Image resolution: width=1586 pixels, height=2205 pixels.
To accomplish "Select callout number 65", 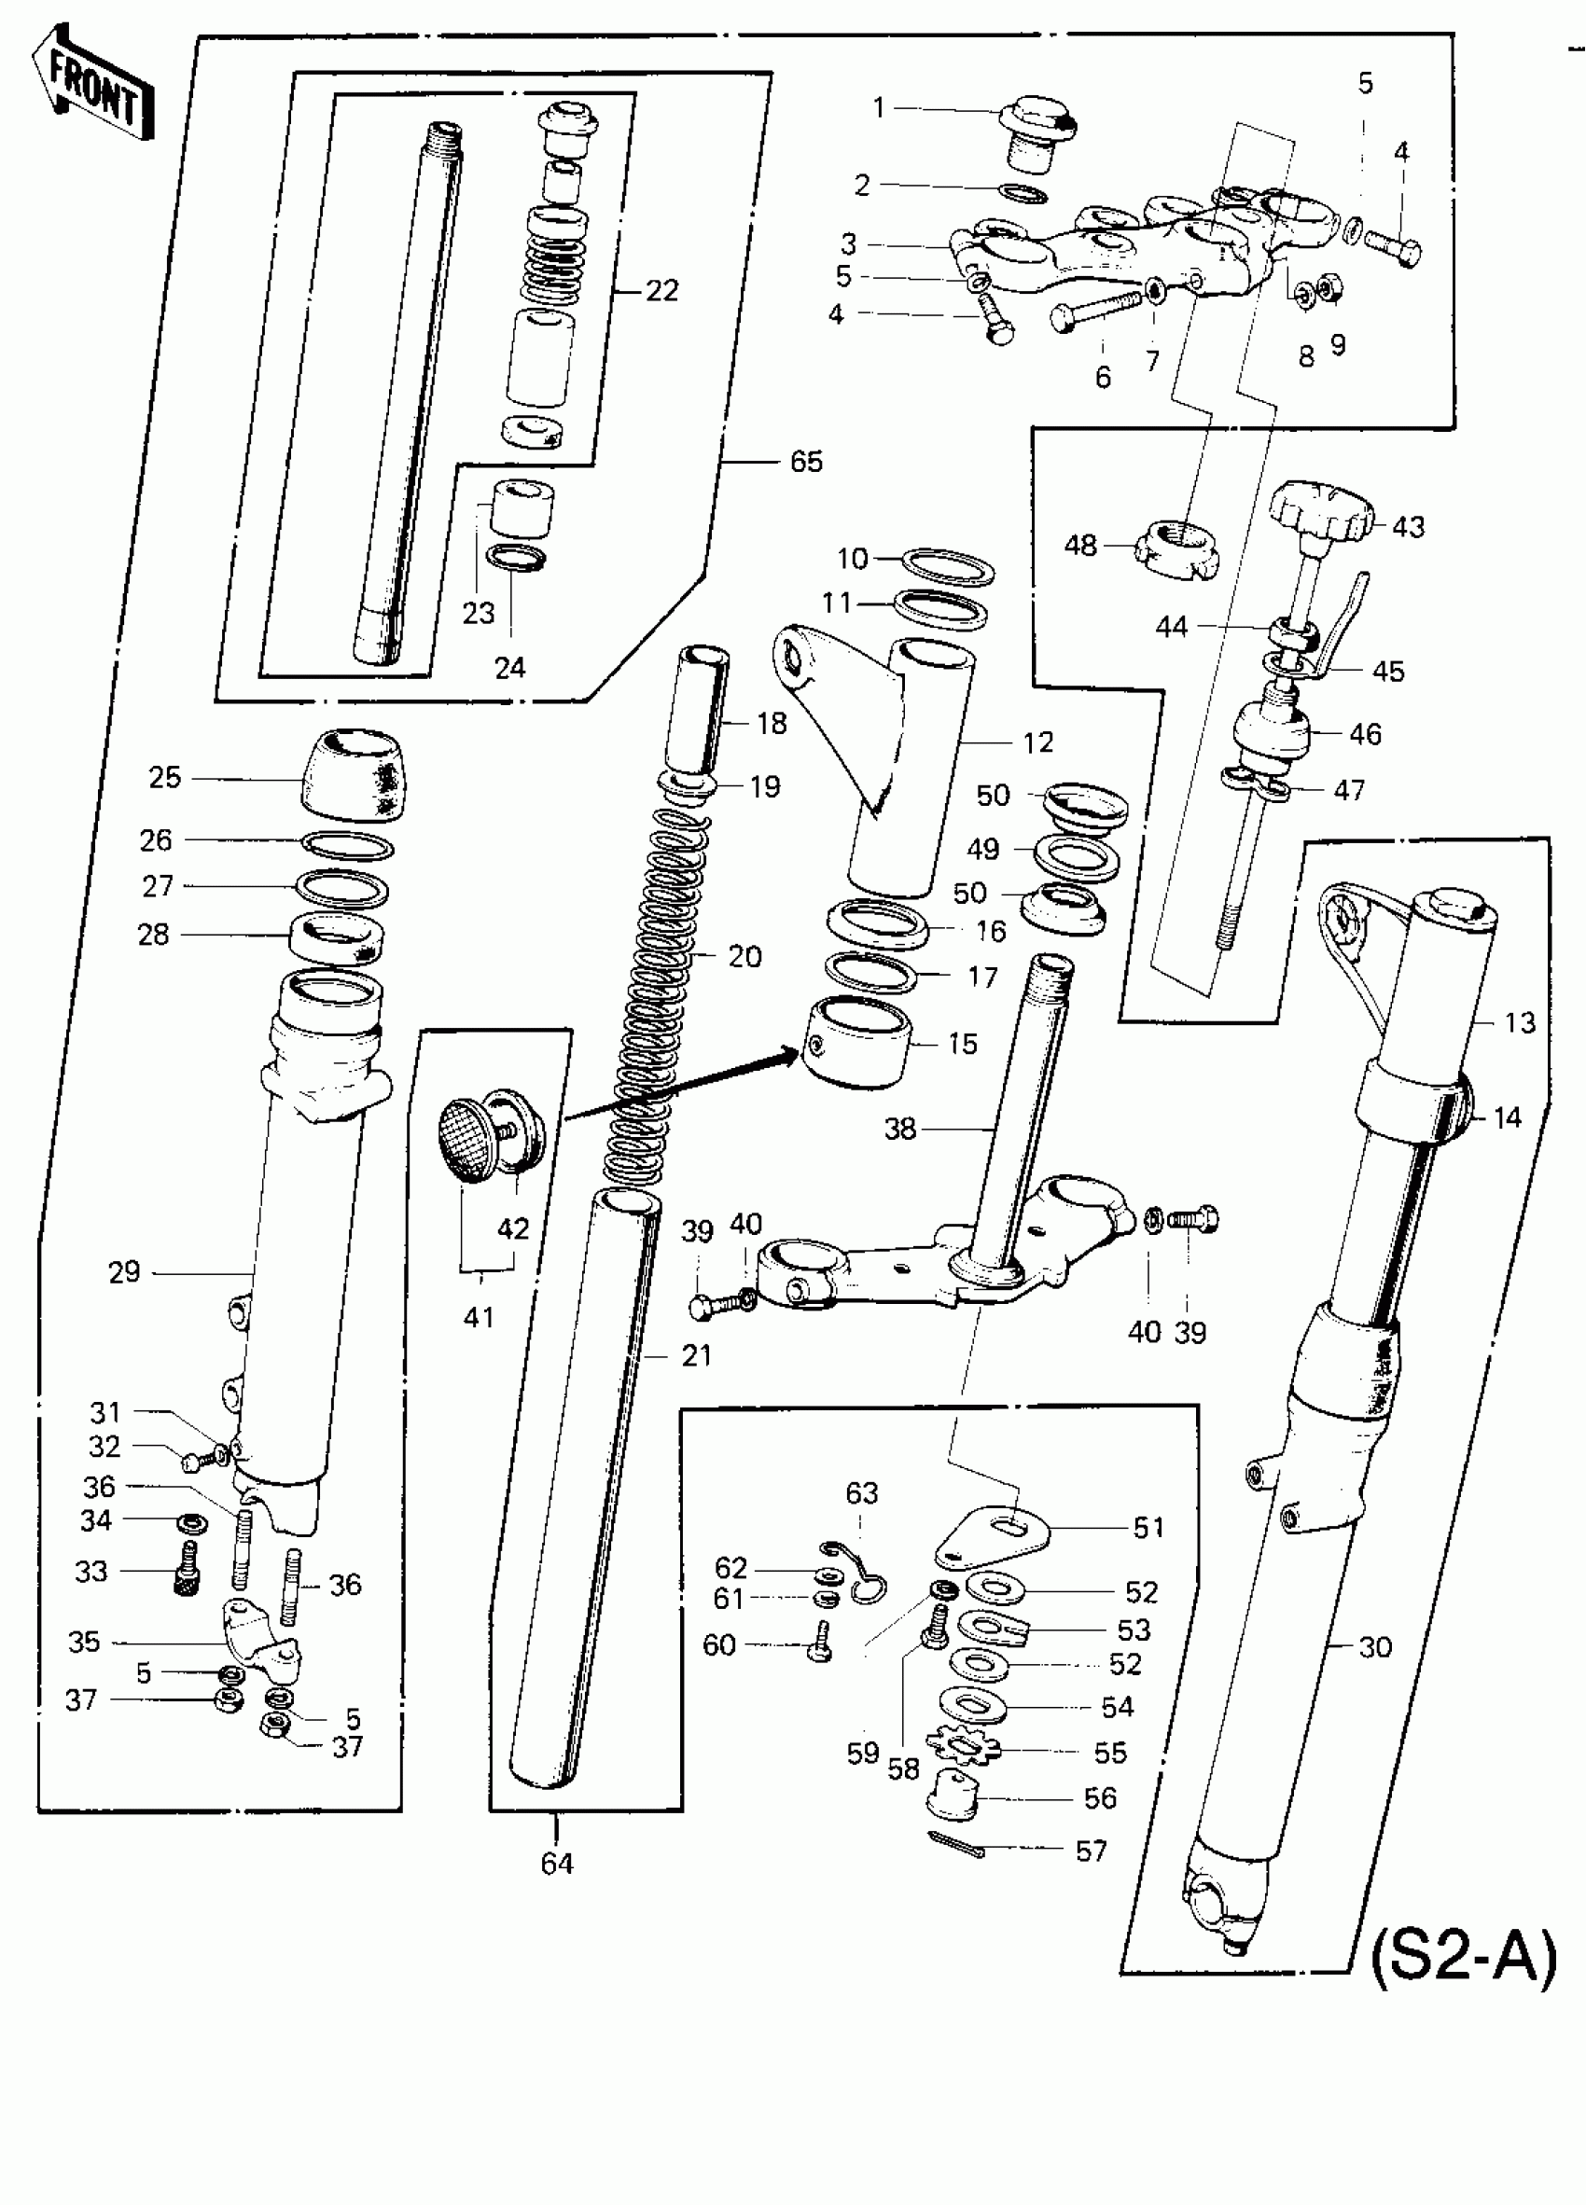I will tap(806, 461).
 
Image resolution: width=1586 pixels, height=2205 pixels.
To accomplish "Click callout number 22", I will tap(662, 291).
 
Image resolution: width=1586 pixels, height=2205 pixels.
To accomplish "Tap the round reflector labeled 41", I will tap(475, 1140).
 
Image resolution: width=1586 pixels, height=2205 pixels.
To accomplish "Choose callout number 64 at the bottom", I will tap(557, 1864).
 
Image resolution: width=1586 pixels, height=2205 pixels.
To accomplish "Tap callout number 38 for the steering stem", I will tap(900, 1129).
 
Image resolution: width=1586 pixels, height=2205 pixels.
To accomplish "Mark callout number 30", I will tap(1375, 1647).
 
